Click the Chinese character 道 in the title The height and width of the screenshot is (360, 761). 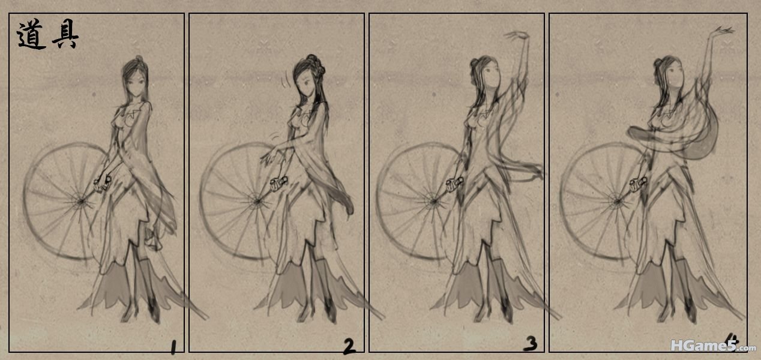click(31, 34)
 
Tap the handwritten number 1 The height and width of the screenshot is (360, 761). click(173, 347)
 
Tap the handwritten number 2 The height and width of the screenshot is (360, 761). click(349, 346)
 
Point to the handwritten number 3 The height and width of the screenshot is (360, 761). click(531, 344)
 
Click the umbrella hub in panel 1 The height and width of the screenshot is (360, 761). click(81, 202)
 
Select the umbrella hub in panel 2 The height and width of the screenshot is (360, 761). click(257, 202)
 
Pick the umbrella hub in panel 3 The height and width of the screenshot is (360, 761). click(434, 202)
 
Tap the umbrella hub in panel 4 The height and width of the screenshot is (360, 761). click(617, 202)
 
